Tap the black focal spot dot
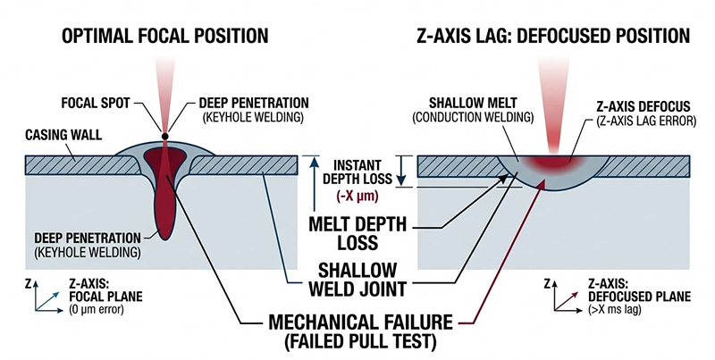point(165,137)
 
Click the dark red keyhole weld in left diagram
point(164,192)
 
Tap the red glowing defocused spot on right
point(551,163)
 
